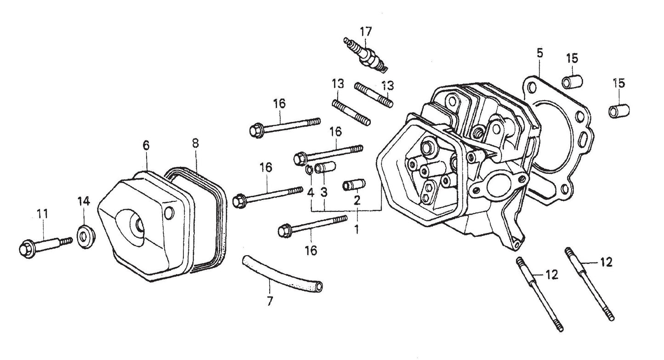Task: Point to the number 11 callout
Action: (42, 214)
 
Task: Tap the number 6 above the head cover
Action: (146, 145)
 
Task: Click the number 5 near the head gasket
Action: (539, 52)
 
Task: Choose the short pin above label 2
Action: (354, 185)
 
